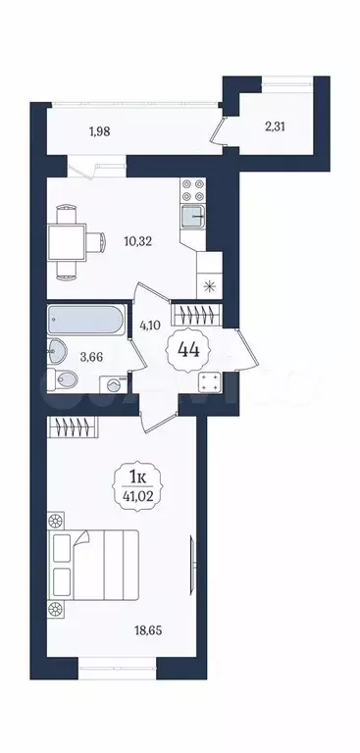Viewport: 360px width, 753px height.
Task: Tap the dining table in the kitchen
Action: (66, 239)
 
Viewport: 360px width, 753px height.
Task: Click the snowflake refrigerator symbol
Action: (208, 286)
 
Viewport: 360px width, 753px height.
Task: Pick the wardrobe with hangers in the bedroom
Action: (76, 427)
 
